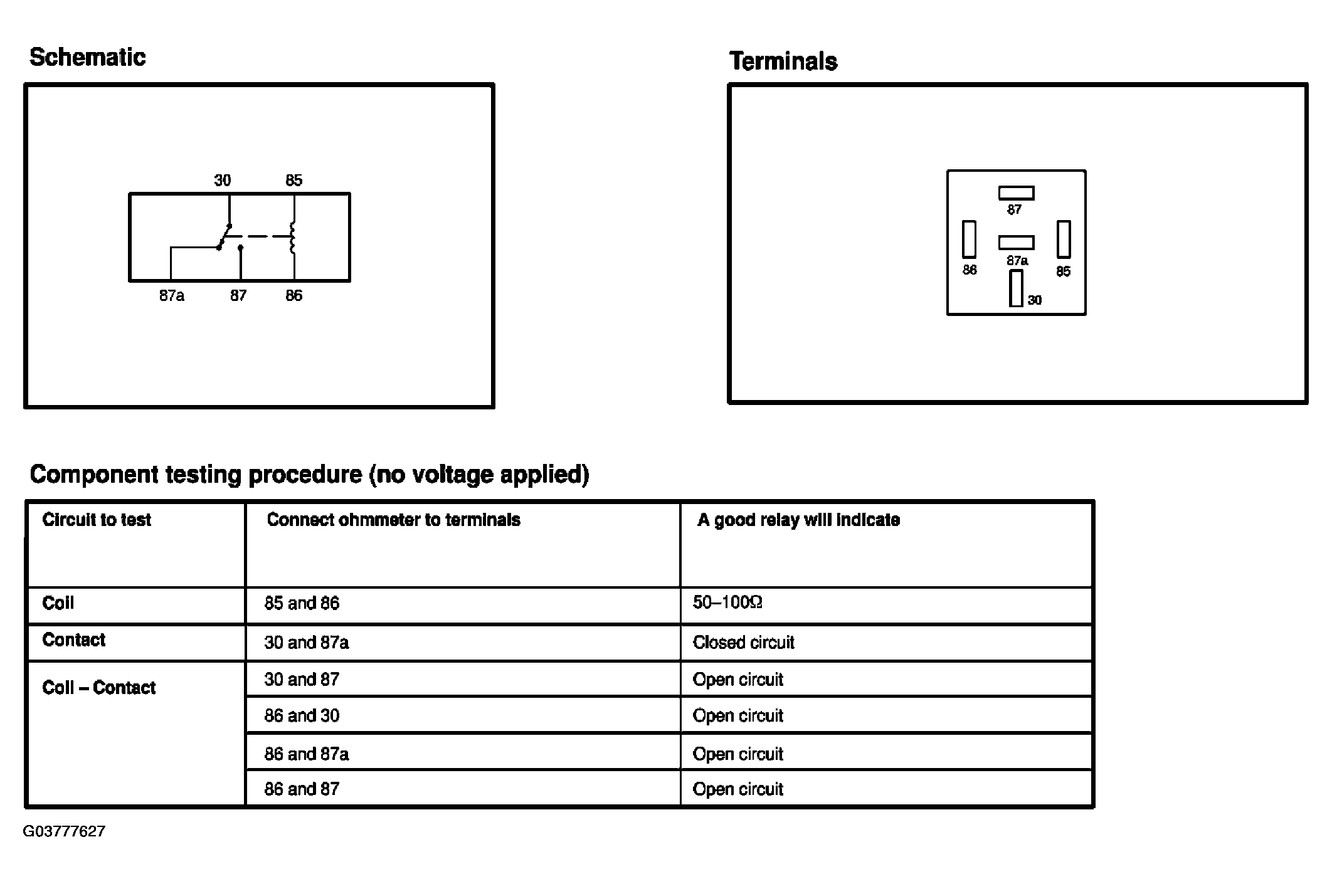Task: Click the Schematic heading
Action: click(x=87, y=58)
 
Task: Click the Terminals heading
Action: click(x=783, y=62)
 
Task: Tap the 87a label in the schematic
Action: click(x=171, y=296)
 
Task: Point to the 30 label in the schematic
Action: click(x=222, y=181)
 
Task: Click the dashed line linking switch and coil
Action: click(x=260, y=236)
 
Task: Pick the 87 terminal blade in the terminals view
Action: click(x=1016, y=193)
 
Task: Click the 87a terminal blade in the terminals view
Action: click(x=1016, y=243)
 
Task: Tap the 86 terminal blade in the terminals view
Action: click(x=969, y=239)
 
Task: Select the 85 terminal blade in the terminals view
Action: click(x=1064, y=239)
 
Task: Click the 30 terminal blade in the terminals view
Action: click(x=1016, y=288)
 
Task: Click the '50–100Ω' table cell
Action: click(x=727, y=603)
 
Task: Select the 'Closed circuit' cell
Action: click(x=743, y=643)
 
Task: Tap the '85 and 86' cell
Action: click(x=302, y=604)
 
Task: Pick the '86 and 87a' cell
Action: click(x=306, y=754)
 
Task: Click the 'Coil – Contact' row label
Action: click(x=98, y=688)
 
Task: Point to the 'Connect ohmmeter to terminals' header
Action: click(x=393, y=520)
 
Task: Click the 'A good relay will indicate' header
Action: click(x=798, y=520)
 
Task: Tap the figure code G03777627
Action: click(x=64, y=832)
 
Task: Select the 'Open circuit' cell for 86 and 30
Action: click(x=737, y=716)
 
